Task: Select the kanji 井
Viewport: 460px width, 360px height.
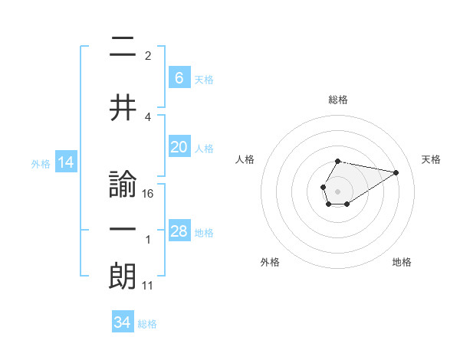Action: [123, 108]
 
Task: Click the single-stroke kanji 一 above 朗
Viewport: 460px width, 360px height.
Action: [123, 230]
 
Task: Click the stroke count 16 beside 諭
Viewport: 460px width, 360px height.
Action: [148, 193]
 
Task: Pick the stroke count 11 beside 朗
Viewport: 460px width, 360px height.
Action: [148, 286]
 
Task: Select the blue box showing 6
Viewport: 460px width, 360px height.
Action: [179, 77]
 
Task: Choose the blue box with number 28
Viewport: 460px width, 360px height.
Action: [179, 231]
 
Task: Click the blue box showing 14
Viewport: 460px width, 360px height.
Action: [65, 162]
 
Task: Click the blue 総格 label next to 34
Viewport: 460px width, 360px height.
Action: [147, 324]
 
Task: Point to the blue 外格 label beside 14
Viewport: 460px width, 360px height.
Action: [41, 163]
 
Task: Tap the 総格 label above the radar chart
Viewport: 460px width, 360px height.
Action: [337, 100]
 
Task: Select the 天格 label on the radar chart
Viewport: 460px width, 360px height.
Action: [432, 159]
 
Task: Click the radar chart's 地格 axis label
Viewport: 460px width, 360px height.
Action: [402, 262]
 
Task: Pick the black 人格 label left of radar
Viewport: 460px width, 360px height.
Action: [245, 159]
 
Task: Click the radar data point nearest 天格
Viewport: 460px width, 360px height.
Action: [396, 172]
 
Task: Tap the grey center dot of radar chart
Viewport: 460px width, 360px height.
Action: [337, 190]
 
